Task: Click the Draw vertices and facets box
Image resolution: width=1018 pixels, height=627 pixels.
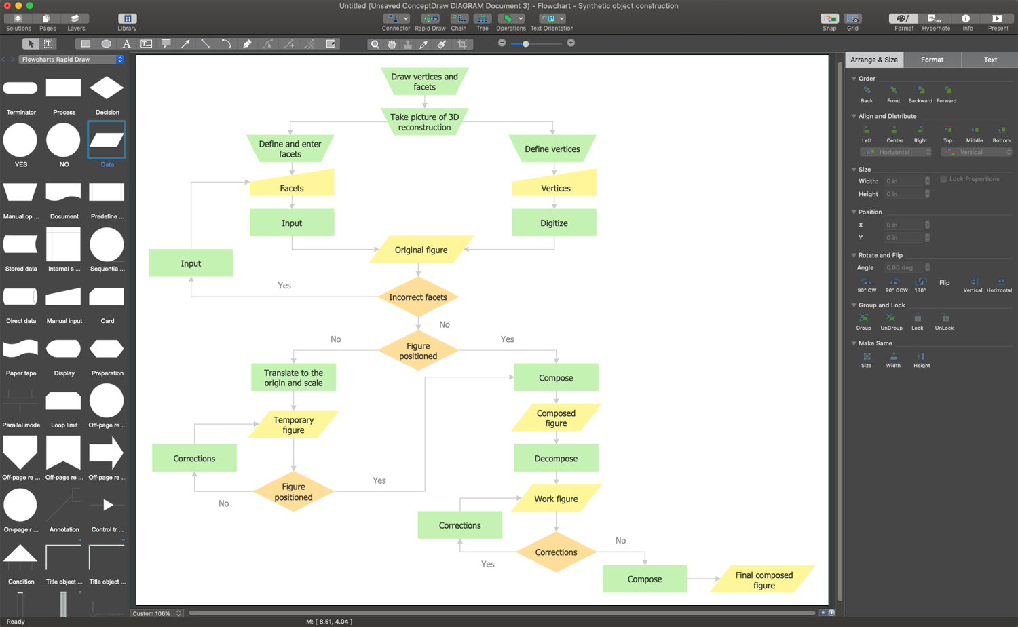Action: click(x=424, y=81)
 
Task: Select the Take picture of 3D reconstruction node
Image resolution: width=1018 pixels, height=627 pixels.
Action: click(x=424, y=122)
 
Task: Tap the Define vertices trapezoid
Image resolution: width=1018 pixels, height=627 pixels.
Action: click(x=552, y=149)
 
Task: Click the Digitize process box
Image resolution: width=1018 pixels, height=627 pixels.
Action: click(x=554, y=223)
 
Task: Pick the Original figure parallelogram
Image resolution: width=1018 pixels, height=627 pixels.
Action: click(x=421, y=250)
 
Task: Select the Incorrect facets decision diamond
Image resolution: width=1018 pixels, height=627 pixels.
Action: click(x=418, y=297)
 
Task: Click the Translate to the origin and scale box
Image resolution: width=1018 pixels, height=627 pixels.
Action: click(x=293, y=377)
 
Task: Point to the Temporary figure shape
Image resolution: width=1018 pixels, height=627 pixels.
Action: click(x=293, y=425)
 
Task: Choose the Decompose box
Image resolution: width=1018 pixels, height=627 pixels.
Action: click(x=556, y=458)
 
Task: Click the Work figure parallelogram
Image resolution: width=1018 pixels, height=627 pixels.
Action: click(x=556, y=499)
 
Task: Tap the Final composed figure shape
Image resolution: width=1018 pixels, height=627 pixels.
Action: click(x=763, y=579)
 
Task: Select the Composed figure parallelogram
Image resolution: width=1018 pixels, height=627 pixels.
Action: click(x=556, y=418)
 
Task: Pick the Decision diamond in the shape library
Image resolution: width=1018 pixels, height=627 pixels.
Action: click(x=107, y=88)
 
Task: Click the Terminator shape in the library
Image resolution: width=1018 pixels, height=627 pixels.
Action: click(x=20, y=88)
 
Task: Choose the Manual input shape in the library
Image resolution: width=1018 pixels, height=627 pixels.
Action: click(x=64, y=297)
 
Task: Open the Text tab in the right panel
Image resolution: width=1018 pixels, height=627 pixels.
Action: click(x=990, y=60)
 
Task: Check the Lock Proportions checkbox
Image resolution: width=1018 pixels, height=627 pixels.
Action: click(x=943, y=179)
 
